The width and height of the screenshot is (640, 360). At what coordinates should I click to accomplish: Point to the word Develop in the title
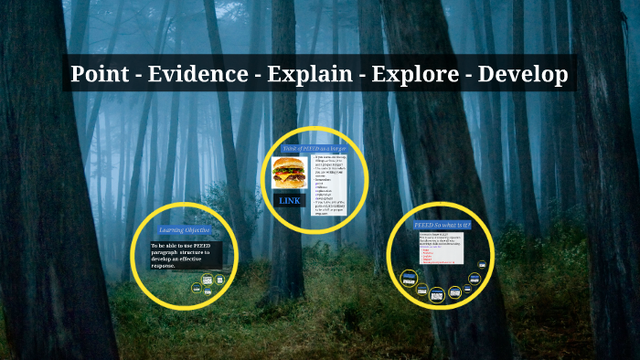[523, 73]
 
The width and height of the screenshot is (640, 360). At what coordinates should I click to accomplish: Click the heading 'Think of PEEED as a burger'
[315, 148]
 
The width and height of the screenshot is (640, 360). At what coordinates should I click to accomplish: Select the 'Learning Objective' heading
[183, 230]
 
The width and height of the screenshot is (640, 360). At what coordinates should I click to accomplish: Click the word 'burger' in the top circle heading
[338, 148]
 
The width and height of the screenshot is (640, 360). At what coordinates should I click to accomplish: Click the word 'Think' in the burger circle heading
[290, 148]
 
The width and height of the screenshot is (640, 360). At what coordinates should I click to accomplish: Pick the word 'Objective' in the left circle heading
[194, 230]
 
